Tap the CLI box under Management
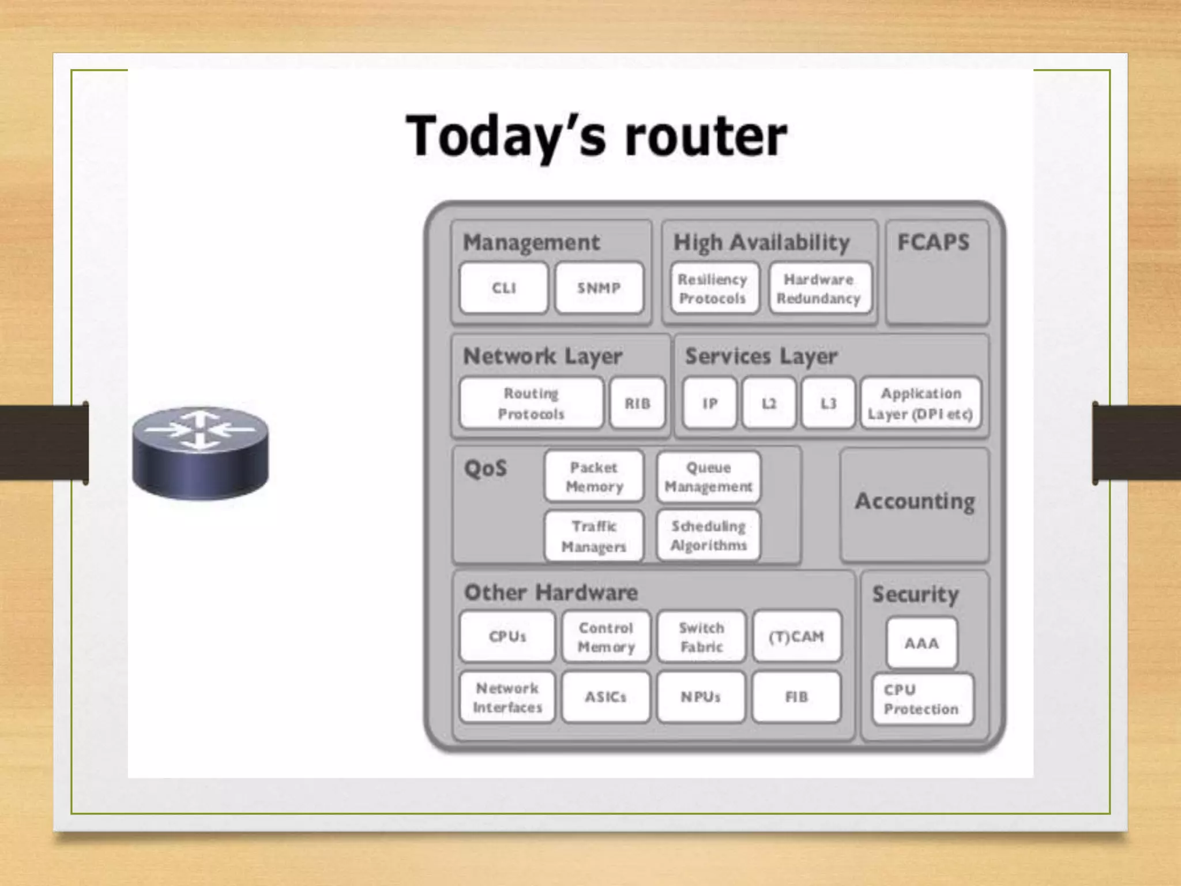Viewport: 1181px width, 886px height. click(503, 288)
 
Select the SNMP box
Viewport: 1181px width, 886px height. click(599, 288)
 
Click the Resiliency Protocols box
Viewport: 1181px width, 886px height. click(713, 288)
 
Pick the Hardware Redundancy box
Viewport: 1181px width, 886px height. click(819, 288)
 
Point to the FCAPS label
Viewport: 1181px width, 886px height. click(933, 242)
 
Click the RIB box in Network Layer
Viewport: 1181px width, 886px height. click(637, 403)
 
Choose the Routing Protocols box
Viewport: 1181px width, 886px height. click(531, 403)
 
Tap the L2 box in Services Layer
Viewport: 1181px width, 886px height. click(769, 403)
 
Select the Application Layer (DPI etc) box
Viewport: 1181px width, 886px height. click(920, 403)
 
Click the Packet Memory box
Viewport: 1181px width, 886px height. click(594, 476)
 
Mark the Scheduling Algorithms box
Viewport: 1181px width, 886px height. click(709, 535)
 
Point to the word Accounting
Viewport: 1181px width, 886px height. click(915, 501)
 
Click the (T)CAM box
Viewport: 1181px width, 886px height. click(796, 636)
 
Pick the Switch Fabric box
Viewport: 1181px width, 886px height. click(701, 636)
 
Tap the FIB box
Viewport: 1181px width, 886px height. click(796, 697)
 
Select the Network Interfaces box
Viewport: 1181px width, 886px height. click(507, 697)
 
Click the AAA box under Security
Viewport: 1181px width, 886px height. click(922, 643)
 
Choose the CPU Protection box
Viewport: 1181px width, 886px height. click(922, 699)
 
